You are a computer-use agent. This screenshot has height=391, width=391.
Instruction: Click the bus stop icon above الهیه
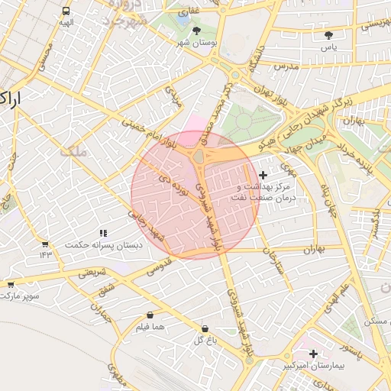[66, 11]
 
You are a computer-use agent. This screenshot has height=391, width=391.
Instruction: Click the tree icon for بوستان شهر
[197, 31]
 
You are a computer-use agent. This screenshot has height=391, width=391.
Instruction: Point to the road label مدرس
[285, 66]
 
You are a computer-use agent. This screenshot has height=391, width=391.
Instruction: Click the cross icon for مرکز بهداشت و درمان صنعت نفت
[263, 175]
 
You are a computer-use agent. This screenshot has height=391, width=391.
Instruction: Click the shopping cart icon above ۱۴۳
[45, 244]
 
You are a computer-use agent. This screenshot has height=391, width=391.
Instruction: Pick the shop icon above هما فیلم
[149, 315]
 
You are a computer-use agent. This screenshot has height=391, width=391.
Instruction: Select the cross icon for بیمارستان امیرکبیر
[314, 354]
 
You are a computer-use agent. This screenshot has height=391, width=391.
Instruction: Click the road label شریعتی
[89, 273]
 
